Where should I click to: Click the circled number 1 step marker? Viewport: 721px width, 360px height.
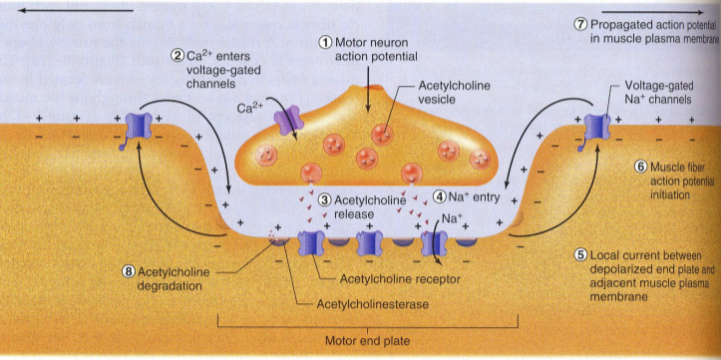[325, 42]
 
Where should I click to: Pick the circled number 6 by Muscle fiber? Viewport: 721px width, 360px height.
[641, 168]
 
